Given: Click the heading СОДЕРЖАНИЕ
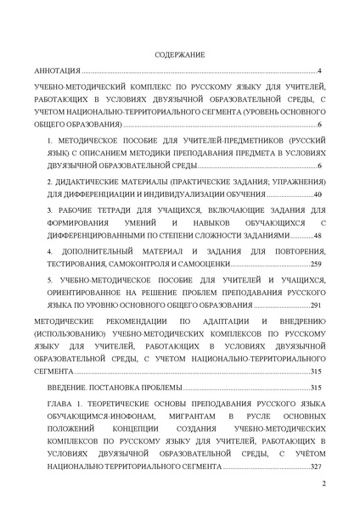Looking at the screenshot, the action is (180, 55).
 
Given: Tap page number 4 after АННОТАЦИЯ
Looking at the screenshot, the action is (319, 71).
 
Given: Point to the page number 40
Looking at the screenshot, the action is (318, 194).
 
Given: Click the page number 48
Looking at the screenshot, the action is (318, 234).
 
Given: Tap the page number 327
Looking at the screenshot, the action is (316, 466).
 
